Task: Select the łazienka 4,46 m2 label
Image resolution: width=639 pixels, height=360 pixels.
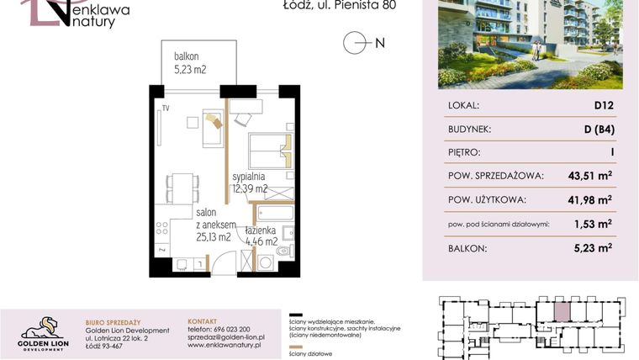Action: [261, 236]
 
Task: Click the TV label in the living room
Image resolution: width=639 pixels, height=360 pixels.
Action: [166, 108]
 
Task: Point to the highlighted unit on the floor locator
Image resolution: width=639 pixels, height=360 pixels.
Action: [561, 310]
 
